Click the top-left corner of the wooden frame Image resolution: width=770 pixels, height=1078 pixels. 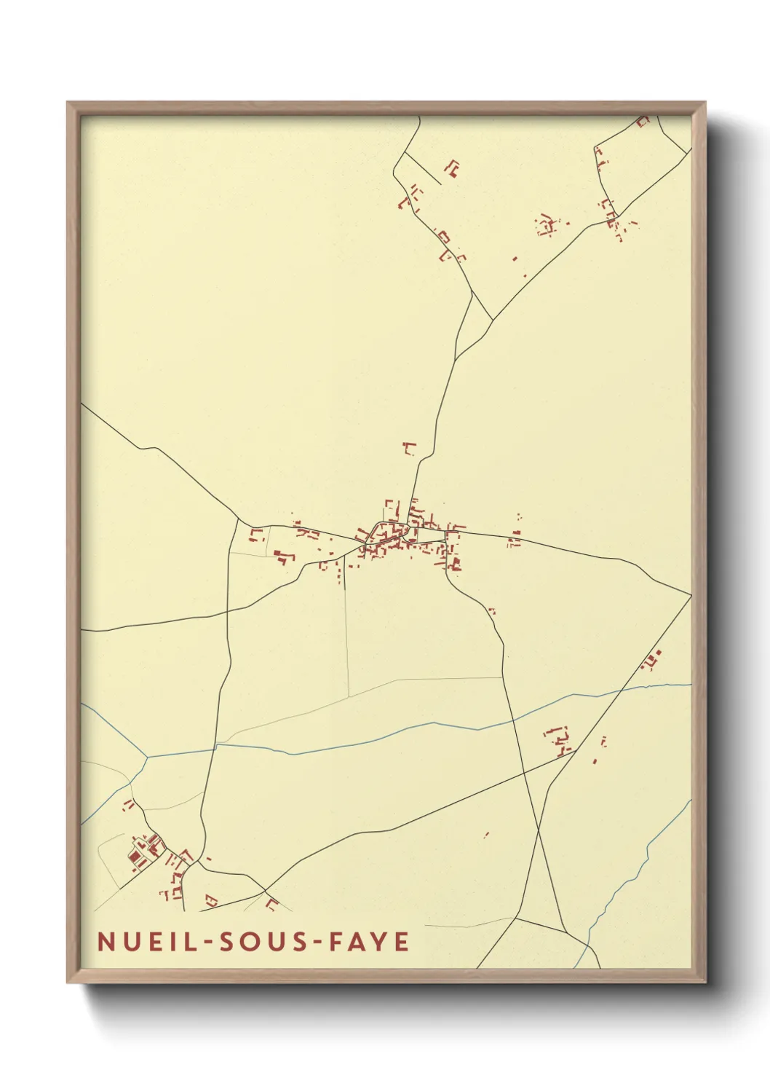tap(68, 103)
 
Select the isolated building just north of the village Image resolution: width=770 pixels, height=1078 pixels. tap(409, 448)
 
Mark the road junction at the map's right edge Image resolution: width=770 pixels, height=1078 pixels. tap(690, 595)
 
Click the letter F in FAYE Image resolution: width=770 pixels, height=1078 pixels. tap(337, 941)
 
